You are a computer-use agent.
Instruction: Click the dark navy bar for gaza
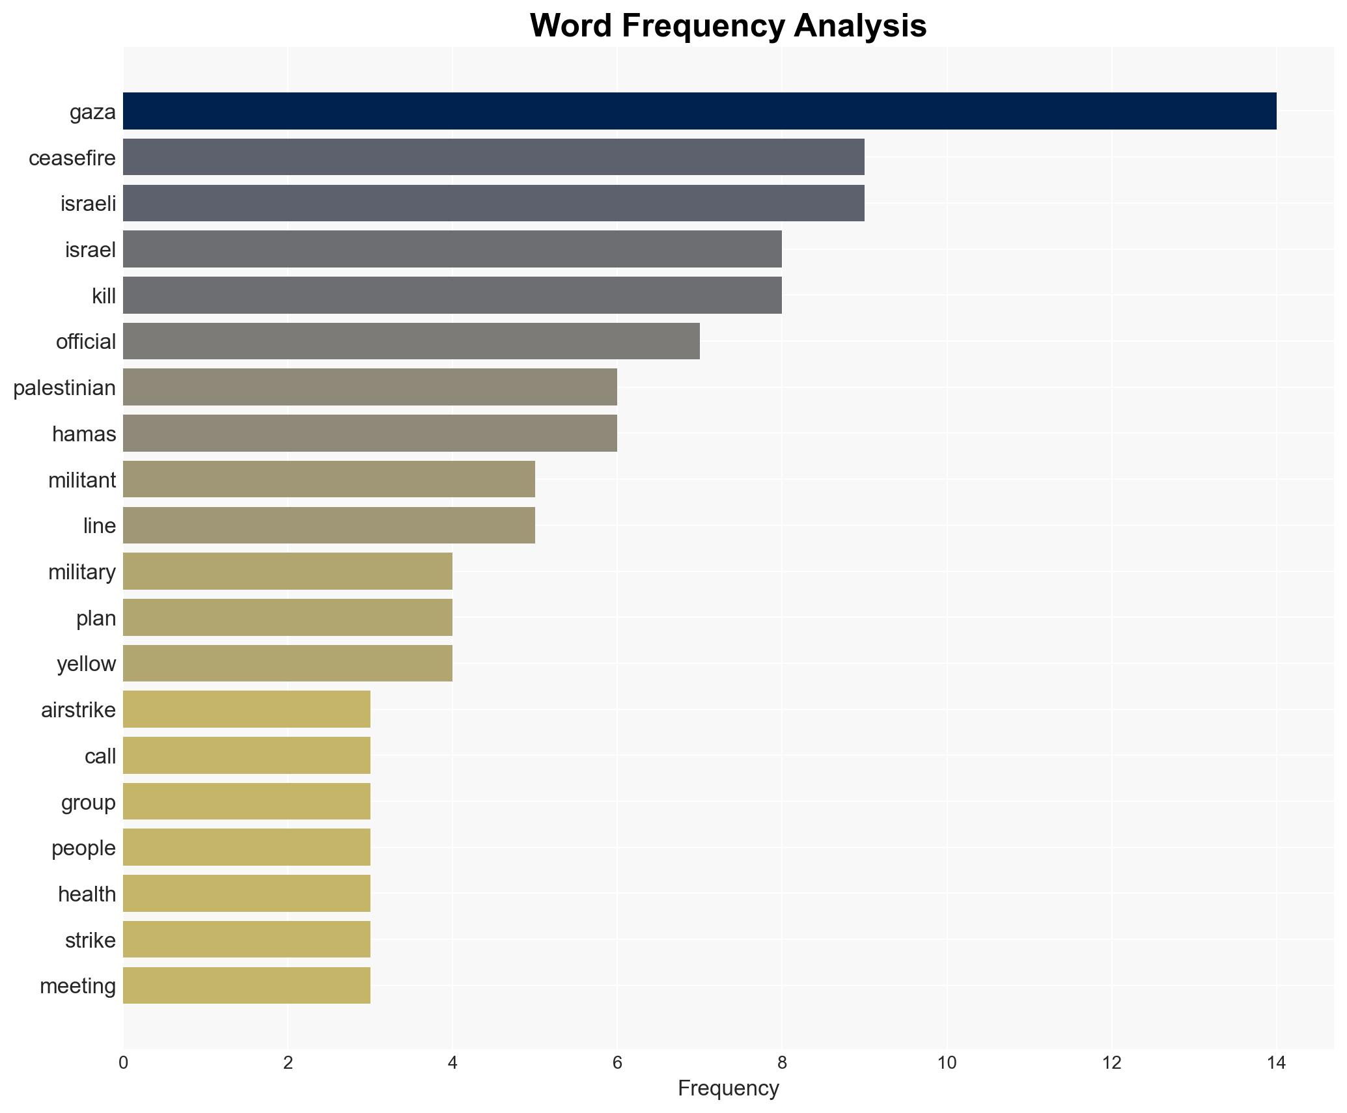[x=699, y=111]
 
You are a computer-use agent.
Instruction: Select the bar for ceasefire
[x=493, y=158]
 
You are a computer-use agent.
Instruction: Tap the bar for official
[x=411, y=341]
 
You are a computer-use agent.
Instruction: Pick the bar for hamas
[x=370, y=433]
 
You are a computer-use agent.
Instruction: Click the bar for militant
[x=329, y=480]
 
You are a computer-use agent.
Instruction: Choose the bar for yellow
[x=287, y=663]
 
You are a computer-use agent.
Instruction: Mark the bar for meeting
[x=246, y=985]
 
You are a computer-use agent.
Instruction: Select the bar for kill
[x=452, y=295]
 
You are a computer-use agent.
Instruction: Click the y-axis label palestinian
[x=64, y=388]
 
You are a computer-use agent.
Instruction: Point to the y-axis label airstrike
[x=78, y=710]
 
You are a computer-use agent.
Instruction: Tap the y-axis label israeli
[x=88, y=204]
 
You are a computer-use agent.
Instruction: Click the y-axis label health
[x=87, y=894]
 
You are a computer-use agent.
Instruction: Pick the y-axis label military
[x=82, y=572]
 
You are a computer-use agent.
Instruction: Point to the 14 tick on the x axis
[x=1276, y=1063]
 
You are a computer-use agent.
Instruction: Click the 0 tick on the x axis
[x=123, y=1063]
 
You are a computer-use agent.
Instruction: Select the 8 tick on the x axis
[x=782, y=1063]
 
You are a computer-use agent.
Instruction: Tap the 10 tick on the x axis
[x=947, y=1063]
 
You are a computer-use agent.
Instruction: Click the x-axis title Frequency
[x=728, y=1088]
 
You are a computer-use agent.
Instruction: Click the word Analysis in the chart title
[x=860, y=27]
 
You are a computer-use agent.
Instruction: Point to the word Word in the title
[x=571, y=27]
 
